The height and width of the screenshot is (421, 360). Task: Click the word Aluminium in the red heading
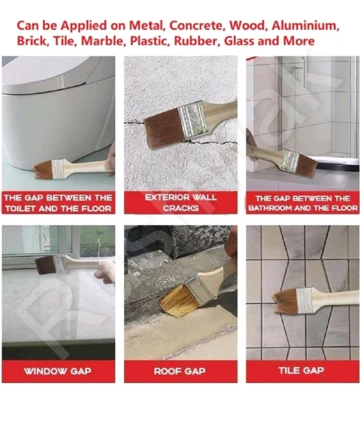point(305,26)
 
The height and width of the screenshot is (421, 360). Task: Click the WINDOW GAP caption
point(58,371)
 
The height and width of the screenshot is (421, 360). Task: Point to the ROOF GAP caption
point(180,371)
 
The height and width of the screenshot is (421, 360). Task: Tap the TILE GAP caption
point(301,371)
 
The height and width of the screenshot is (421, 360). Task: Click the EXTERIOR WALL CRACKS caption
point(181,203)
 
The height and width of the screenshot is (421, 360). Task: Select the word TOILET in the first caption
point(20,208)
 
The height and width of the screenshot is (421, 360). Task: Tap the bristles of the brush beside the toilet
point(43,170)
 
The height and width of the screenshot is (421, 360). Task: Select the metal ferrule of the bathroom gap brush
point(291,160)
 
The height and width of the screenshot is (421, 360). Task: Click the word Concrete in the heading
point(197,26)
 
